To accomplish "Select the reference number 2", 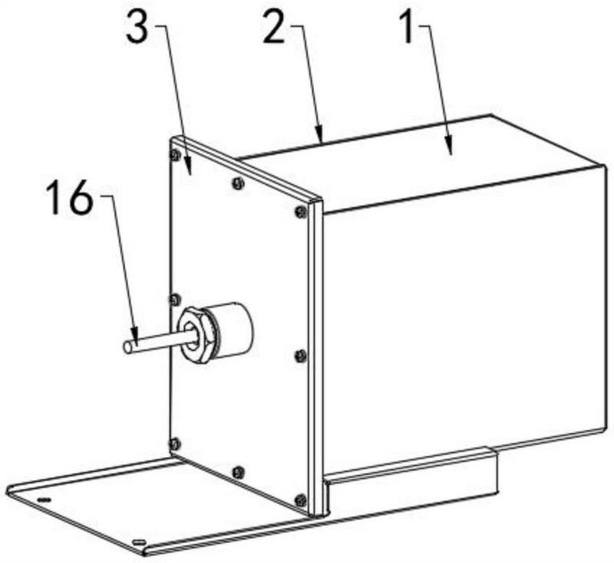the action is coord(273,28).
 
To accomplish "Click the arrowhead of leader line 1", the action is coord(451,150).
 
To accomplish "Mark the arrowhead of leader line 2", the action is coord(320,134).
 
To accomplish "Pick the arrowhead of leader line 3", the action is coord(188,169).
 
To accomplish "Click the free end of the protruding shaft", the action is coord(128,348).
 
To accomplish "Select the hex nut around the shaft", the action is coord(196,336).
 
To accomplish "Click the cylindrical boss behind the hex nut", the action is coord(231,329).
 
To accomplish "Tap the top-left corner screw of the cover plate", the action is coord(175,156).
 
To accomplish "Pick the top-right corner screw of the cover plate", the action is coord(301,212).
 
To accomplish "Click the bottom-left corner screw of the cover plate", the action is coord(174,444).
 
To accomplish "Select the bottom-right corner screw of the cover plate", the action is coord(301,500).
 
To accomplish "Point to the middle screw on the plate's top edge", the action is coord(238,183).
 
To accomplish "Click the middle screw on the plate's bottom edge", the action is coord(238,472).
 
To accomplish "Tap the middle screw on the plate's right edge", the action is coord(300,356).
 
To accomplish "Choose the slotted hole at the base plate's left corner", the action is coord(44,499).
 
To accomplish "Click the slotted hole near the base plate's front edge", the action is coord(140,541).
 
